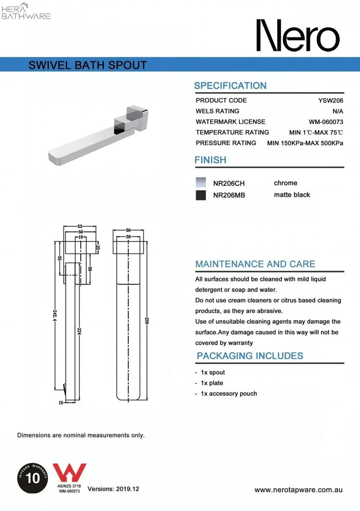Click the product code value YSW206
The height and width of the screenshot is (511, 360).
pos(331,100)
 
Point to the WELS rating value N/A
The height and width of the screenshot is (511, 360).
pos(338,111)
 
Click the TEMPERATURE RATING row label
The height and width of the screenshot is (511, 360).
pos(232,132)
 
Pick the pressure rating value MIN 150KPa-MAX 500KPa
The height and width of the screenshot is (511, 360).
pos(305,143)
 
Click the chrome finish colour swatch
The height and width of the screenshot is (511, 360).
pos(200,182)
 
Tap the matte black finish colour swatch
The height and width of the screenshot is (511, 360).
pos(200,195)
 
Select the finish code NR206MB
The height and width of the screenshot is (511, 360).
pos(229,196)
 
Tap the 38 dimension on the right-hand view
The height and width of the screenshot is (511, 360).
pos(128,237)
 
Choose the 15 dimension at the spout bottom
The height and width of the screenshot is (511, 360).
pos(61,402)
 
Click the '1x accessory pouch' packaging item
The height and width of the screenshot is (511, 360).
pos(229,394)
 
